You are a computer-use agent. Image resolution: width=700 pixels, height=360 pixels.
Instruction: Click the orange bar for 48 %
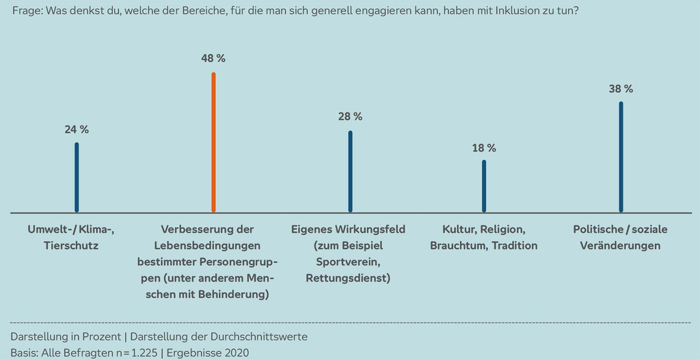pos(213,142)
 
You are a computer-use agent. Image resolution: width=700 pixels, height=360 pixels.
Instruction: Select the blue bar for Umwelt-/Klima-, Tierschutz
pos(77,178)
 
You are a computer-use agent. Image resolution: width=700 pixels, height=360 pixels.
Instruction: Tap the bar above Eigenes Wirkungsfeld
pos(350,171)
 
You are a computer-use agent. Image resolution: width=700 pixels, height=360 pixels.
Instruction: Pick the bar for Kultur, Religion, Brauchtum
pos(484,186)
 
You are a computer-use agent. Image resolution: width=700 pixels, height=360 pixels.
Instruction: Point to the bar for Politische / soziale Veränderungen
pos(621,157)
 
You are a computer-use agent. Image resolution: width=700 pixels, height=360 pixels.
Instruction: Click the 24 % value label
pos(77,129)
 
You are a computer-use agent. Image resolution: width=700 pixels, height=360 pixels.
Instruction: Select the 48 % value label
pos(213,58)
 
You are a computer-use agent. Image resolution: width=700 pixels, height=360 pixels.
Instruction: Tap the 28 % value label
pos(350,117)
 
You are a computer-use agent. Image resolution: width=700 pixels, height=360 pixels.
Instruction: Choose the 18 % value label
pos(484,148)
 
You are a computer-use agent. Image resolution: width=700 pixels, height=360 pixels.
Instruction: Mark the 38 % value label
pos(621,89)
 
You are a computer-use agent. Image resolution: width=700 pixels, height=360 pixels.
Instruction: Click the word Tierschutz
pos(77,245)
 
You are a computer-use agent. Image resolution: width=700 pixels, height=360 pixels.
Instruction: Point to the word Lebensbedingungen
pos(213,245)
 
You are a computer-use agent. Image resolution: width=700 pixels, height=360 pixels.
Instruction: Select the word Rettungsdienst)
pos(350,278)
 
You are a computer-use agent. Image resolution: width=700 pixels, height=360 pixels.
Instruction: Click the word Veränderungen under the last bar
pos(621,245)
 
